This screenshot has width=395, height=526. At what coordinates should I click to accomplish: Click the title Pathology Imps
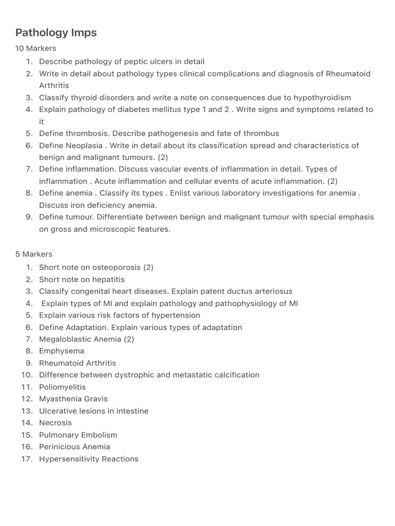(56, 33)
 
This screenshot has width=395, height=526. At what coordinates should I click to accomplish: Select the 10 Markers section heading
(35, 48)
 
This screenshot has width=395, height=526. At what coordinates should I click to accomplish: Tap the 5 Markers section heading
(33, 254)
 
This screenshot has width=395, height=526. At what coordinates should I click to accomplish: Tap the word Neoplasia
(84, 145)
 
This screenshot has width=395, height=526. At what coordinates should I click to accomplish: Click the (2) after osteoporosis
(148, 267)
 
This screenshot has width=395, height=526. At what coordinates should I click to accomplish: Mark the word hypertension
(176, 315)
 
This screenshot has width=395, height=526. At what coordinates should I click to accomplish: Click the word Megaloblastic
(63, 339)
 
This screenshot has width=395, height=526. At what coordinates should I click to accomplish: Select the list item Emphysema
(61, 351)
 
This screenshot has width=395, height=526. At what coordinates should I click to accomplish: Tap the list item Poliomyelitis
(62, 387)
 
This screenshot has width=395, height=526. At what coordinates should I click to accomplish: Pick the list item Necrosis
(56, 423)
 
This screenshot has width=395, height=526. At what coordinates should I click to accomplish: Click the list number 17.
(27, 459)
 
